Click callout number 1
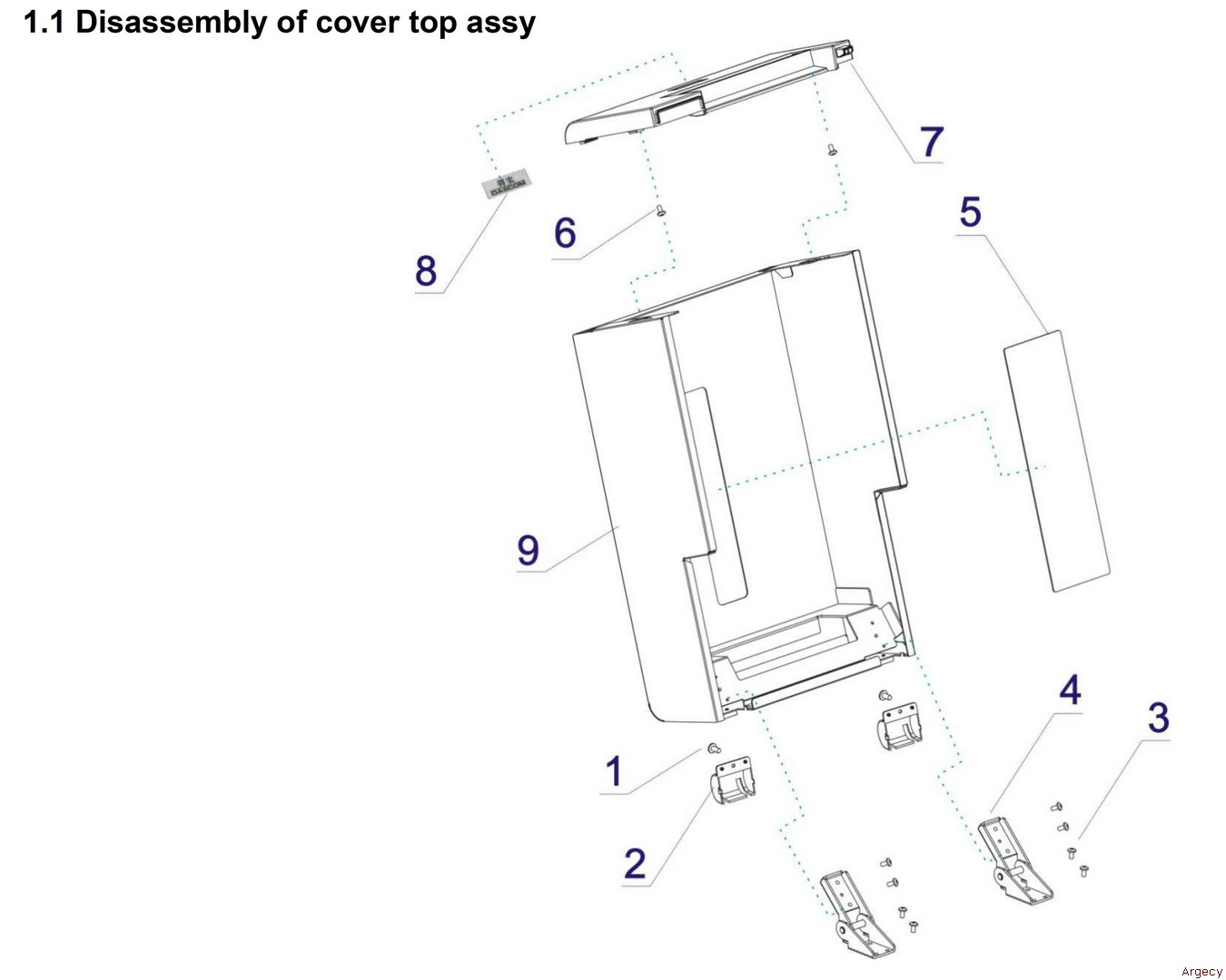(614, 771)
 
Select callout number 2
(635, 862)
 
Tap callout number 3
(1158, 718)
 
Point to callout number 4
(1070, 691)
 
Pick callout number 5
(970, 212)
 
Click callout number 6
(565, 233)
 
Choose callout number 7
(932, 142)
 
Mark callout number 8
(426, 270)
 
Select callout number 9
(528, 550)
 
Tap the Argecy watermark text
(1201, 971)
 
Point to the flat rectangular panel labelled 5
(1055, 461)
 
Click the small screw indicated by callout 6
(660, 211)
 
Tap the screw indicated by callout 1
(714, 749)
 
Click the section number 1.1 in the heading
(44, 22)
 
